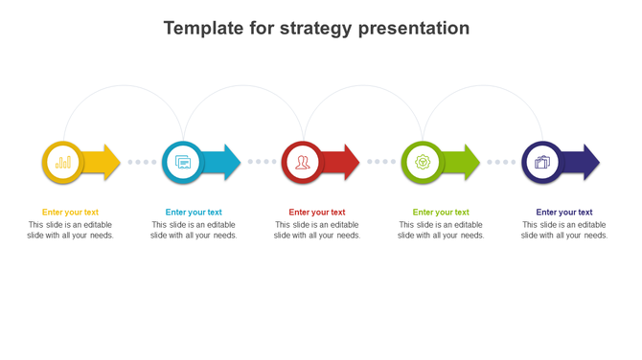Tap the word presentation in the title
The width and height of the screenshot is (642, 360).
414,29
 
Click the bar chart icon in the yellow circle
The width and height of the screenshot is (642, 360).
63,163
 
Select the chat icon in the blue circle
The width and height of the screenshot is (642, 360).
183,163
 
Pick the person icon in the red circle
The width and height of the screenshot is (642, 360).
303,163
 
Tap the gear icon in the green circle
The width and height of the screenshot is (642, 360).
423,163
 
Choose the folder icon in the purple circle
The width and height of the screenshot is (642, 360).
542,163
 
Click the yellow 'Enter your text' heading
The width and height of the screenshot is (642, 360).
70,213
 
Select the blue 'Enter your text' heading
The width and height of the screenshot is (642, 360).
194,213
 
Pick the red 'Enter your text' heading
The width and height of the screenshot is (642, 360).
317,213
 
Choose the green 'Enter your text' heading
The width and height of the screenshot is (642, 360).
441,213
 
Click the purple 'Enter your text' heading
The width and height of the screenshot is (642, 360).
564,213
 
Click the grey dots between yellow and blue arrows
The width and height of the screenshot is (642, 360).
142,163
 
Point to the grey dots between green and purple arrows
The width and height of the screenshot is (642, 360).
501,163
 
